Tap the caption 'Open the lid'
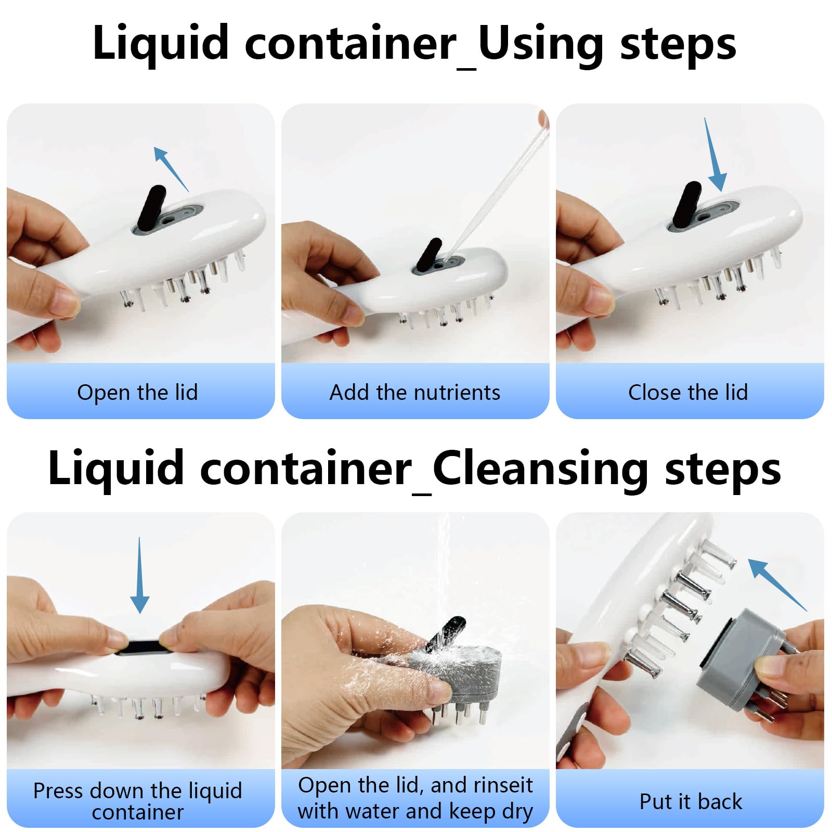137,392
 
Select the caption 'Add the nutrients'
415,392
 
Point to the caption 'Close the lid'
688,392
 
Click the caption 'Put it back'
691,801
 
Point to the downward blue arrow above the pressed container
139,575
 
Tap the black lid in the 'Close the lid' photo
686,204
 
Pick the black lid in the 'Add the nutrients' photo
429,256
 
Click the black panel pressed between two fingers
140,648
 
